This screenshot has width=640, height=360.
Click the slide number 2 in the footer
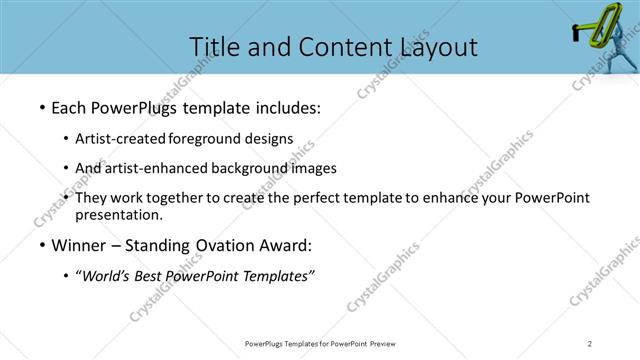point(590,344)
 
